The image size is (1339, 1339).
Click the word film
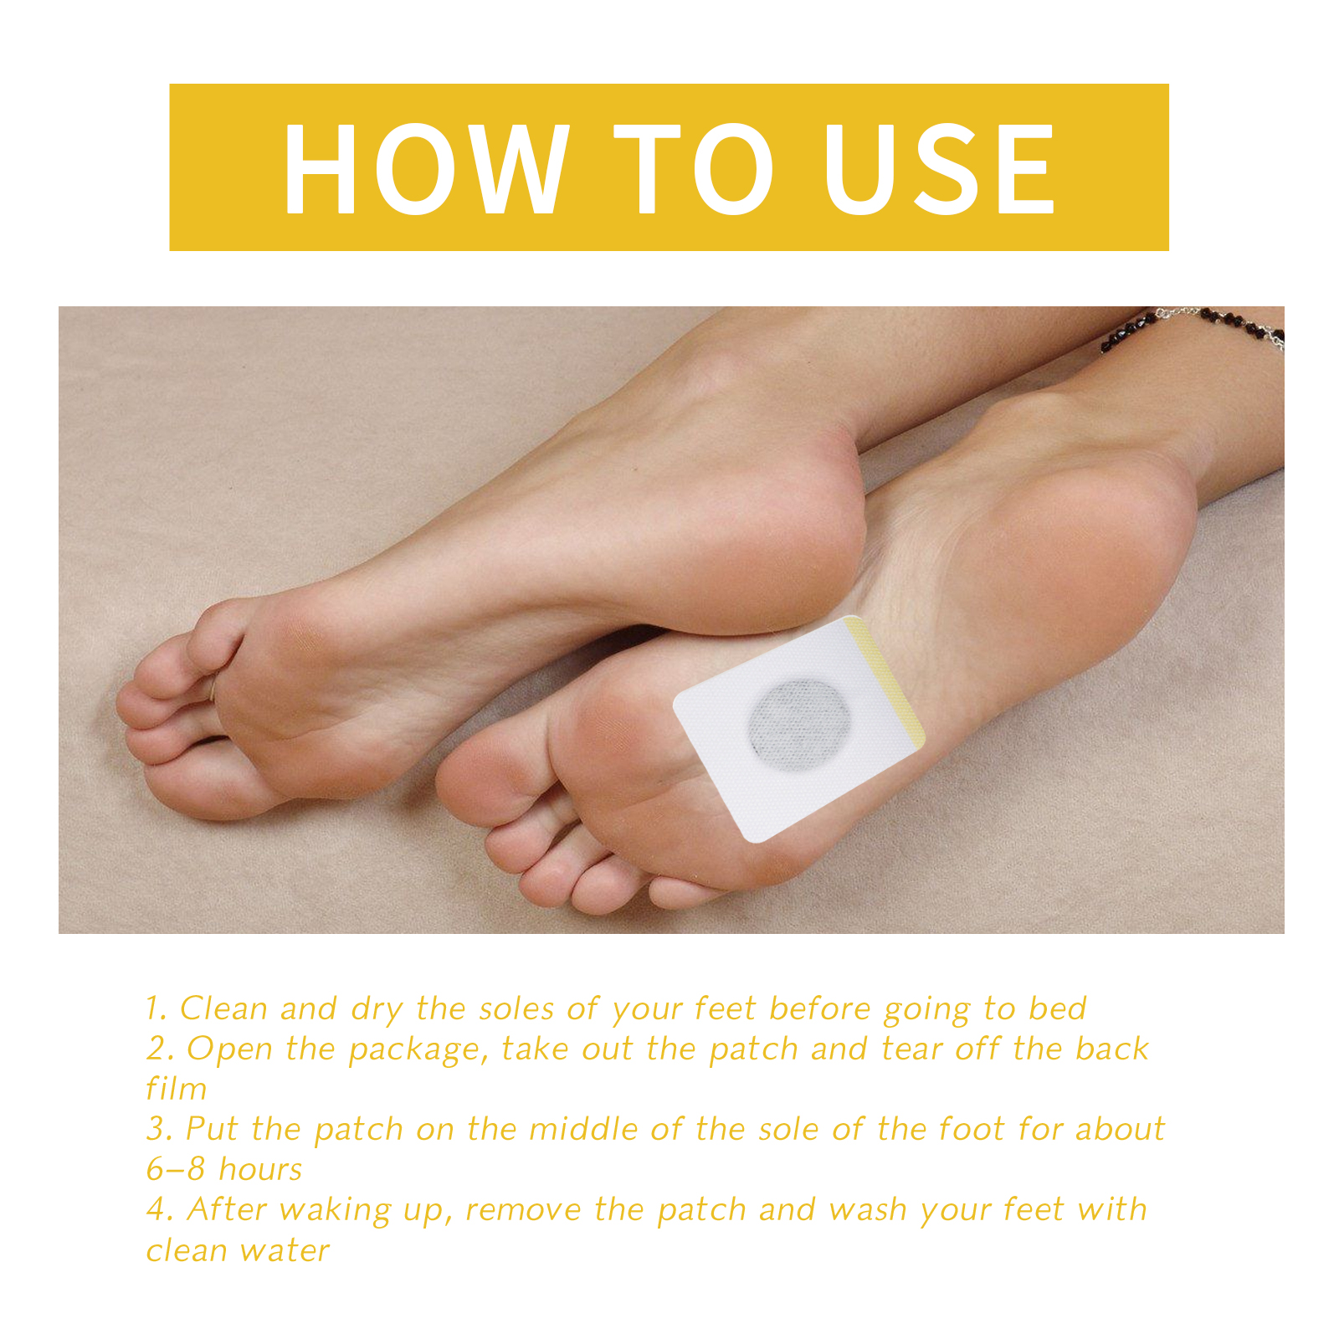click(x=177, y=1089)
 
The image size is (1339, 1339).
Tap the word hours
click(x=260, y=1169)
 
